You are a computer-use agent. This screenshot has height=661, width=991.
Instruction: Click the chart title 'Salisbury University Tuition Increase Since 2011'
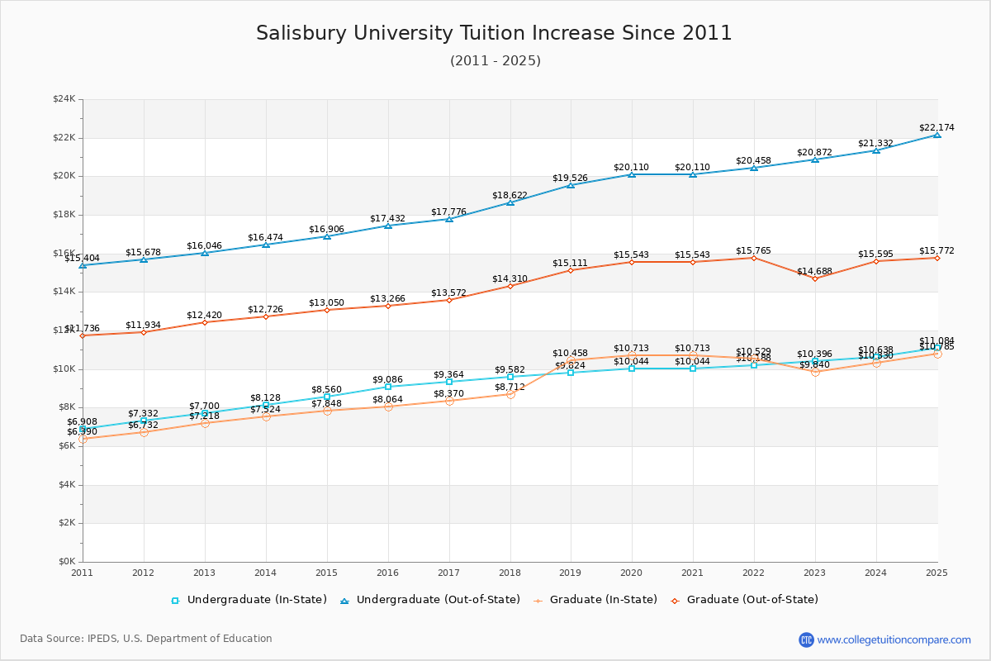click(494, 33)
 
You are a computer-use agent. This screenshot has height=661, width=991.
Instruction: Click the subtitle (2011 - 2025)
click(495, 61)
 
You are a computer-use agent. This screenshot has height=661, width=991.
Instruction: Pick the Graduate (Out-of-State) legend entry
click(752, 600)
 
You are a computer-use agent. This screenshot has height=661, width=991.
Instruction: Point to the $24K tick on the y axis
click(64, 99)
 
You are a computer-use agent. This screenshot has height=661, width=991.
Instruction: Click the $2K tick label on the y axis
click(66, 523)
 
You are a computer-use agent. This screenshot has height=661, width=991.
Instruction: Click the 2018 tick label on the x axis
click(510, 573)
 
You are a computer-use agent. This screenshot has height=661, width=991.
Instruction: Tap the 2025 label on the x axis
click(936, 573)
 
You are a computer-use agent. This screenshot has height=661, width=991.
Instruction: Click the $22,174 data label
click(936, 127)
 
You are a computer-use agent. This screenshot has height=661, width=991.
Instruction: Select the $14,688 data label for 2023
click(814, 271)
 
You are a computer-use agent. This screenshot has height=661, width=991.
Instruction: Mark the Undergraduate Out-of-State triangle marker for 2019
click(571, 185)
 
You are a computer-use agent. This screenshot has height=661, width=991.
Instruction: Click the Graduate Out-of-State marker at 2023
click(815, 278)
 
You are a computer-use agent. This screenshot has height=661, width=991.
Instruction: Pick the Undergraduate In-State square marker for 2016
click(388, 387)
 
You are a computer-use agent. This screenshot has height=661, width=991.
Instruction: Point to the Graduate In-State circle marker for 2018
click(510, 394)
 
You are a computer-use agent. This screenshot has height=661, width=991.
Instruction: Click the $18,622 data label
click(510, 195)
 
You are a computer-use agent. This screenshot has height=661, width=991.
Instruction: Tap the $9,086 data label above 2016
click(387, 379)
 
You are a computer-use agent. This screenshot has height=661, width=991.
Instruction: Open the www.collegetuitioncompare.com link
click(894, 640)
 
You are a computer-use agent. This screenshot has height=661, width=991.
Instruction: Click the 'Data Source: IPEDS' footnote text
click(146, 639)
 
